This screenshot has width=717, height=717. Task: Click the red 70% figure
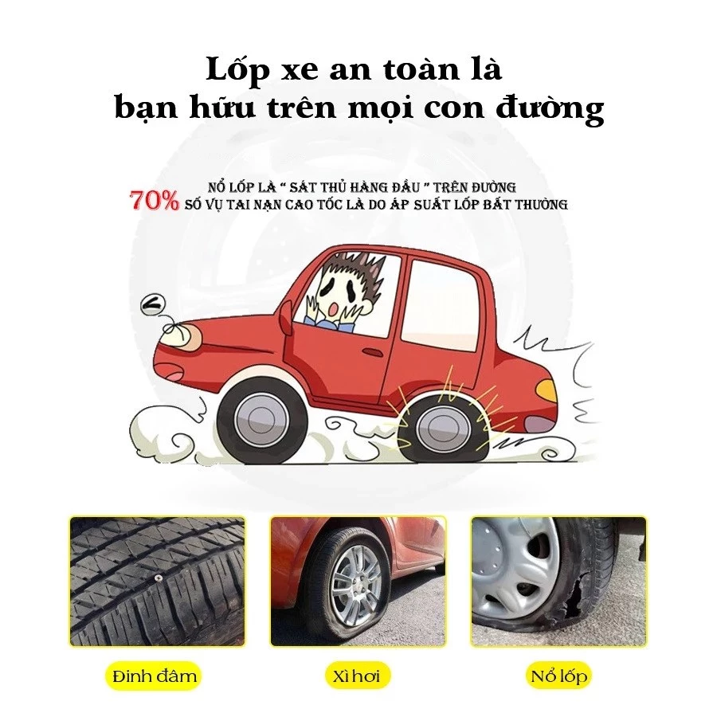point(155,201)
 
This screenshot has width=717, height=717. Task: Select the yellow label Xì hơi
point(358,676)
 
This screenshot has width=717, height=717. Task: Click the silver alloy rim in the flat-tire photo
point(358,585)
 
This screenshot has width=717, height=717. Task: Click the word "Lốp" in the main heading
point(237,69)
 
